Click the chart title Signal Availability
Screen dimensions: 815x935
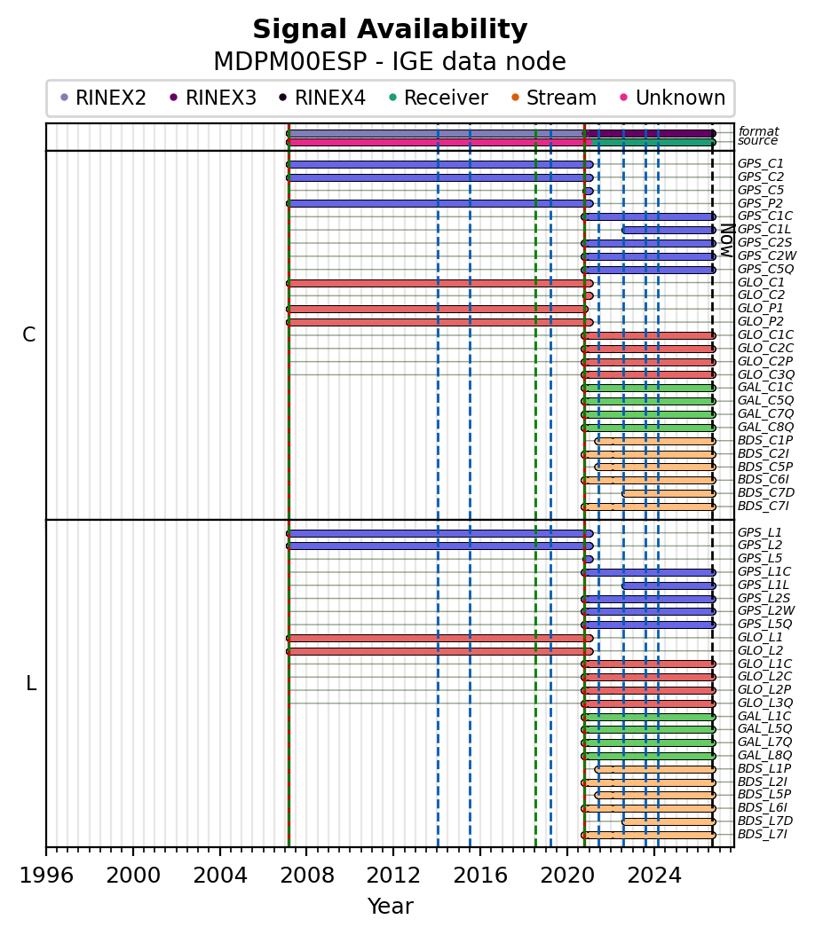pyautogui.click(x=390, y=29)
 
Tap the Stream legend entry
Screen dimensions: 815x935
pyautogui.click(x=554, y=98)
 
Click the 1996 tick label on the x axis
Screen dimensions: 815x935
pyautogui.click(x=46, y=876)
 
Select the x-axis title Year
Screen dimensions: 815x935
pyautogui.click(x=391, y=907)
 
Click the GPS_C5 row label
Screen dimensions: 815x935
pyautogui.click(x=761, y=190)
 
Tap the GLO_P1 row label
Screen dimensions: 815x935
pyautogui.click(x=761, y=309)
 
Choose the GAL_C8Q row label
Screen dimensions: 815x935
pyautogui.click(x=766, y=427)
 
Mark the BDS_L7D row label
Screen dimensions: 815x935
pyautogui.click(x=765, y=821)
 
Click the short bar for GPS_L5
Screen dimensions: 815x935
pyautogui.click(x=589, y=560)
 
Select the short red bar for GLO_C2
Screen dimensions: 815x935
pyautogui.click(x=589, y=295)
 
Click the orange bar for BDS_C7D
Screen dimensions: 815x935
pyautogui.click(x=669, y=493)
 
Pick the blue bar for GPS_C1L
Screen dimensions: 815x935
pyautogui.click(x=669, y=230)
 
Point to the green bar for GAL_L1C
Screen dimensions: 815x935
pyautogui.click(x=649, y=717)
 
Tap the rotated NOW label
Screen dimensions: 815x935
pyautogui.click(x=727, y=240)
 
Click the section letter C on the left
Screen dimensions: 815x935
pyautogui.click(x=28, y=335)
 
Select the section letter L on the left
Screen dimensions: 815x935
pyautogui.click(x=31, y=683)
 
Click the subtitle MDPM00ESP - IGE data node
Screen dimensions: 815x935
pyautogui.click(x=390, y=62)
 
